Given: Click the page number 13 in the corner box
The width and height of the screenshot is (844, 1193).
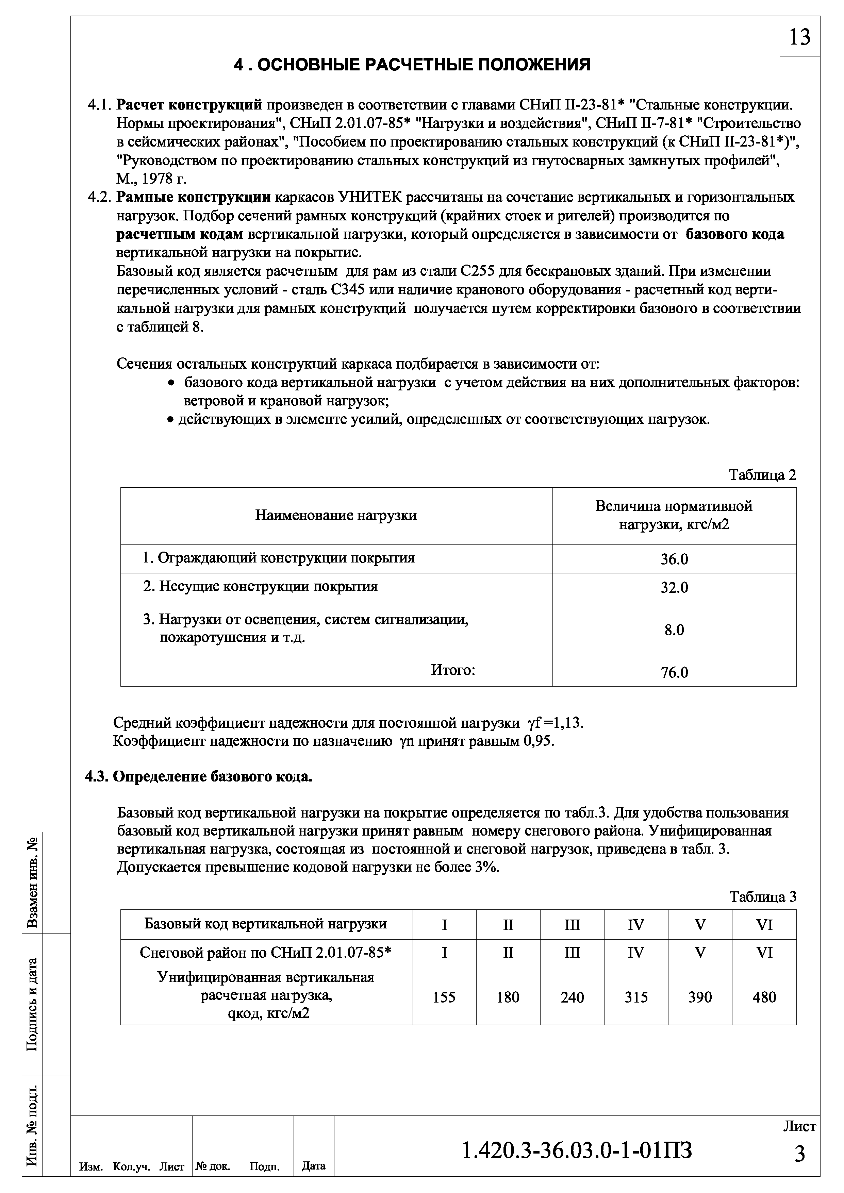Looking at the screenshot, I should (x=799, y=37).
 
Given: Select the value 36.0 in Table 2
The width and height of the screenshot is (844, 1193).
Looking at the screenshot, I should (x=674, y=560).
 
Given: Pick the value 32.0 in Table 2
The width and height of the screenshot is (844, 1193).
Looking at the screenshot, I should (x=674, y=588).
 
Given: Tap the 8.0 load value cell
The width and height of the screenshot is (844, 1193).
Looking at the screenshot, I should (x=674, y=630).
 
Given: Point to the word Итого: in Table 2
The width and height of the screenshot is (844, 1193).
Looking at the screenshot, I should (x=453, y=670).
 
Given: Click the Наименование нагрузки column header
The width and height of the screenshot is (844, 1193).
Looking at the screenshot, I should (x=336, y=516).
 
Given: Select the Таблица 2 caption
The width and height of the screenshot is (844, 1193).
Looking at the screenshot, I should (x=762, y=475).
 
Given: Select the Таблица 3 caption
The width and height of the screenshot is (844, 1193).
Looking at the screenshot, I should (x=762, y=897).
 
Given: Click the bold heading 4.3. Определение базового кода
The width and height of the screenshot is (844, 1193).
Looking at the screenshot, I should (x=199, y=777).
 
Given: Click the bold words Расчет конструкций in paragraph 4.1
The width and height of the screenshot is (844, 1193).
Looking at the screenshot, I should (x=189, y=105).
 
